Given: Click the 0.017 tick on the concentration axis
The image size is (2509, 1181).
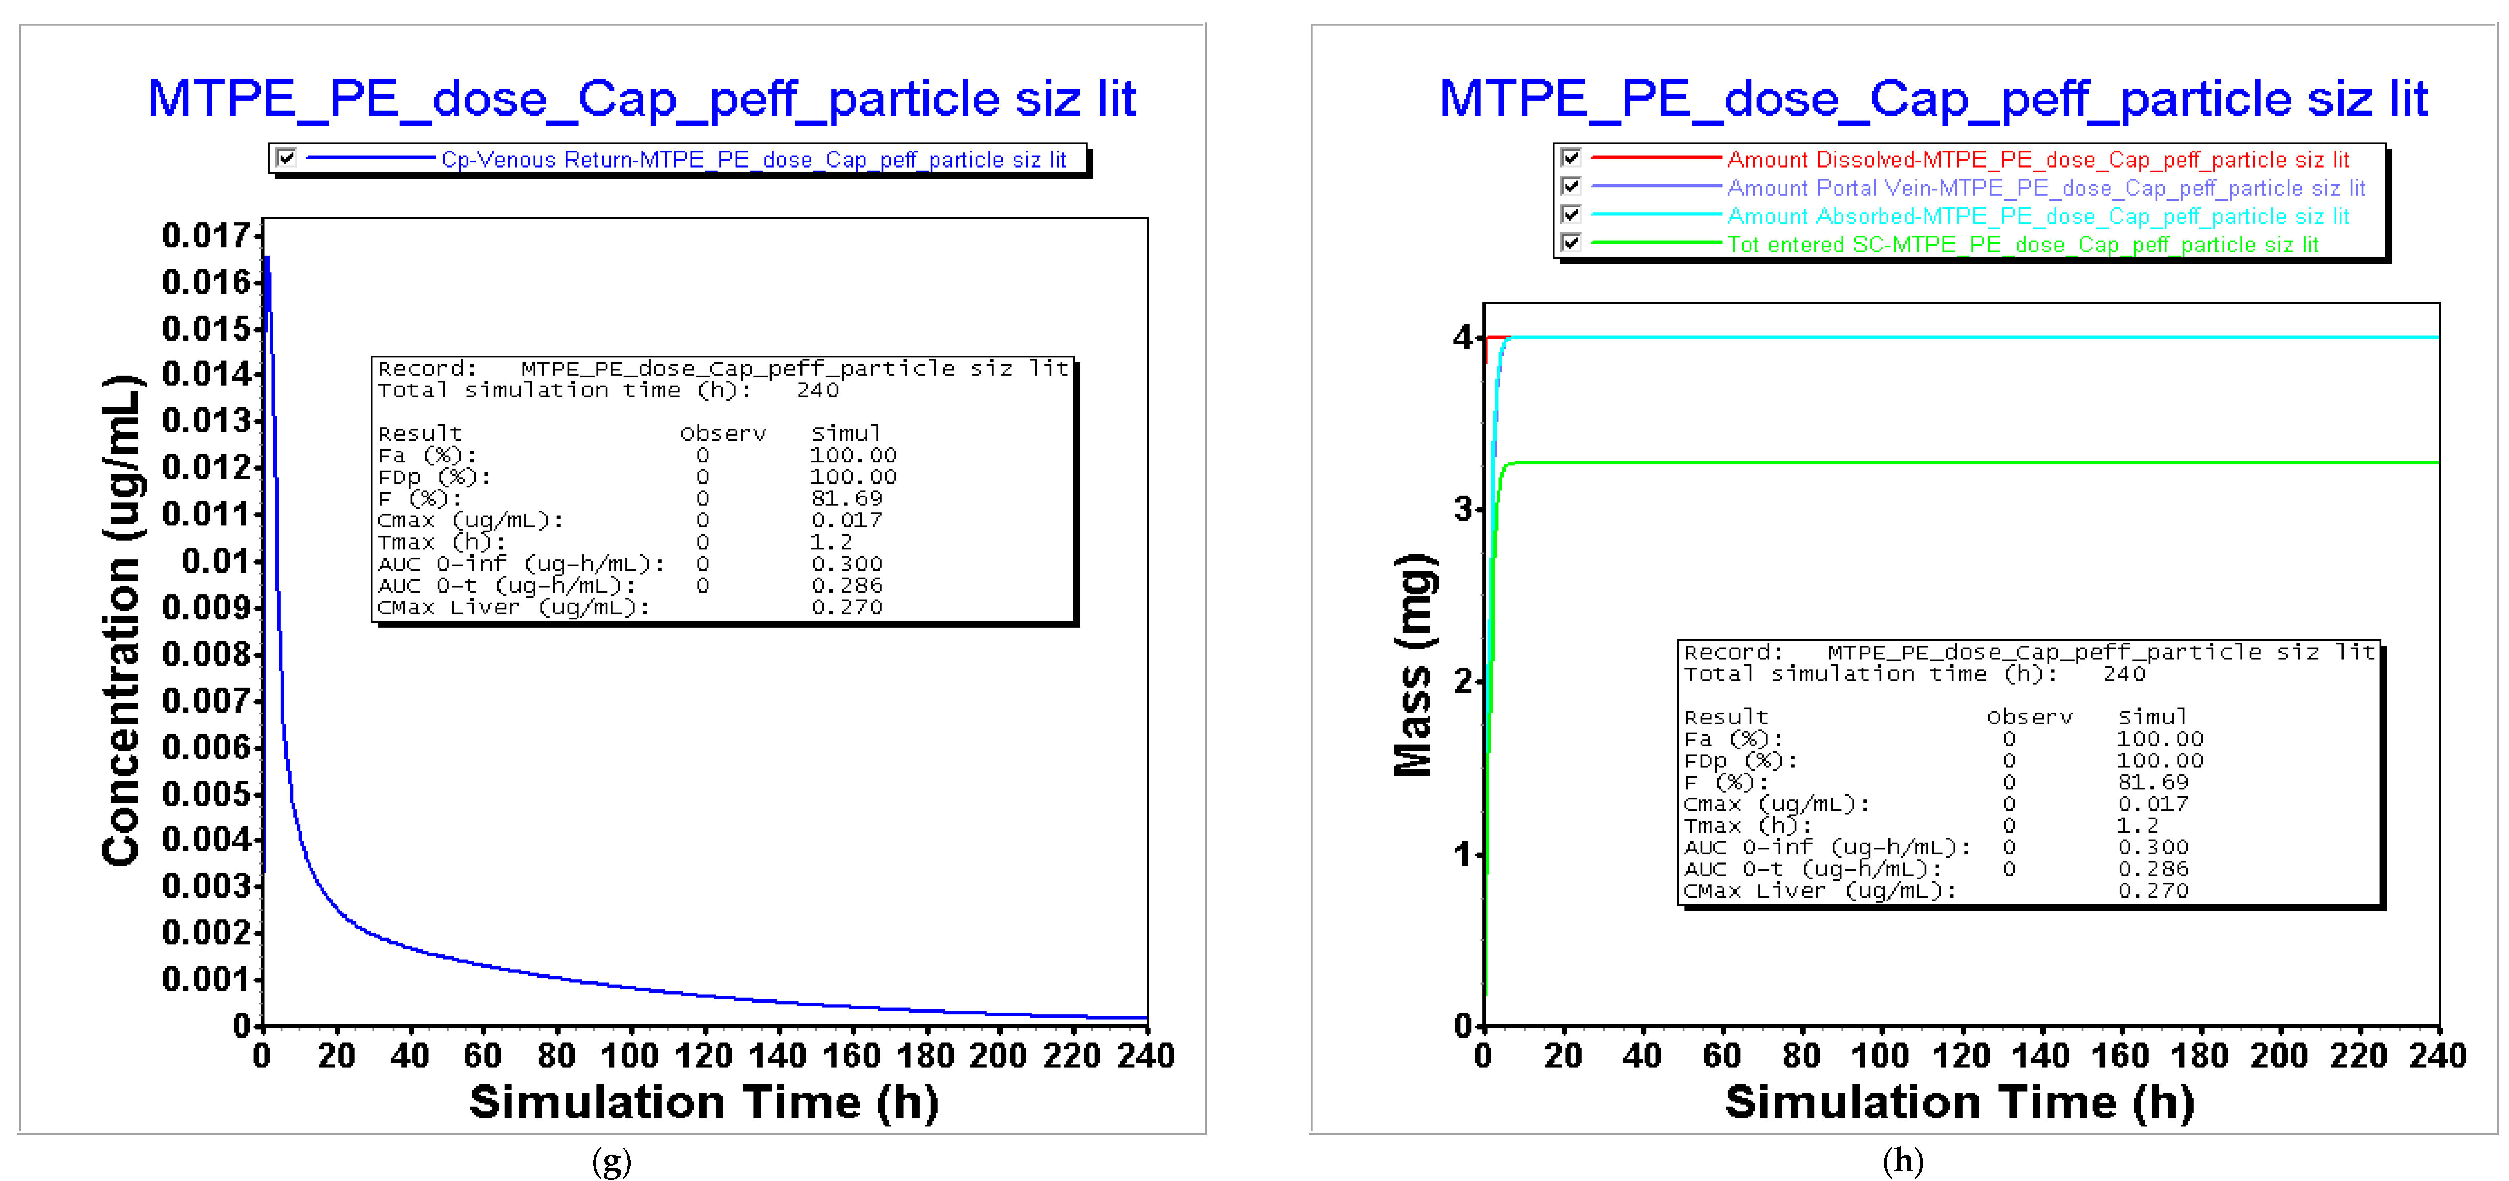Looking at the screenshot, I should point(207,236).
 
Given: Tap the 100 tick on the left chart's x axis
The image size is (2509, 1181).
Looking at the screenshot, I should point(630,1055).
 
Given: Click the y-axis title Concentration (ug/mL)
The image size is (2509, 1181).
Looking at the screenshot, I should point(123,620).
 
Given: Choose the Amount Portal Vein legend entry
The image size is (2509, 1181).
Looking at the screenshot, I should point(2046,188).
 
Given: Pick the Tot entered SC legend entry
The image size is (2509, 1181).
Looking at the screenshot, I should point(2022,244).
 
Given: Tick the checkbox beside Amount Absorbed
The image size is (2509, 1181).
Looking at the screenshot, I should point(1570,214).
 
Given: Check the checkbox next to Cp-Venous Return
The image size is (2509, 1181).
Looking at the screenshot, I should point(285,158).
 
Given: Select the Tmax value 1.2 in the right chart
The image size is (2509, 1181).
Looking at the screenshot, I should point(2138,825).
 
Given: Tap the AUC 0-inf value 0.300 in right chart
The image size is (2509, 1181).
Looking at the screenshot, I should point(2153,847).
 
